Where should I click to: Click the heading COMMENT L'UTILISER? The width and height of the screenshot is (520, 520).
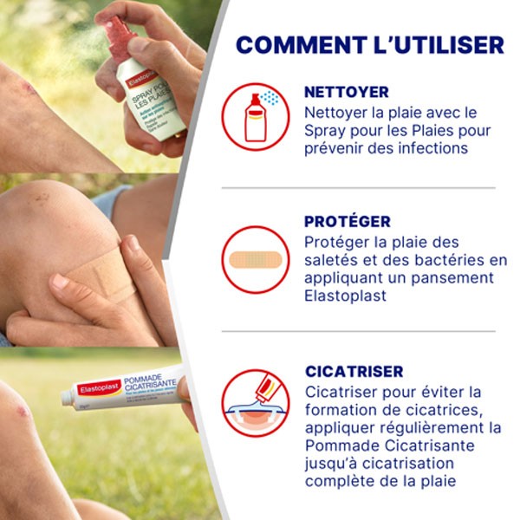point(369,45)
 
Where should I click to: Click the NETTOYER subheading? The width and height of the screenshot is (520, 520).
point(347,92)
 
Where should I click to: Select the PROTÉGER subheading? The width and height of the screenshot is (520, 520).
point(348,222)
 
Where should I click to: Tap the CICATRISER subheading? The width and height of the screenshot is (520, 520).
point(354,371)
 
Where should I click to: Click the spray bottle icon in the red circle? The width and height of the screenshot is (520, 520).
point(256,117)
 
